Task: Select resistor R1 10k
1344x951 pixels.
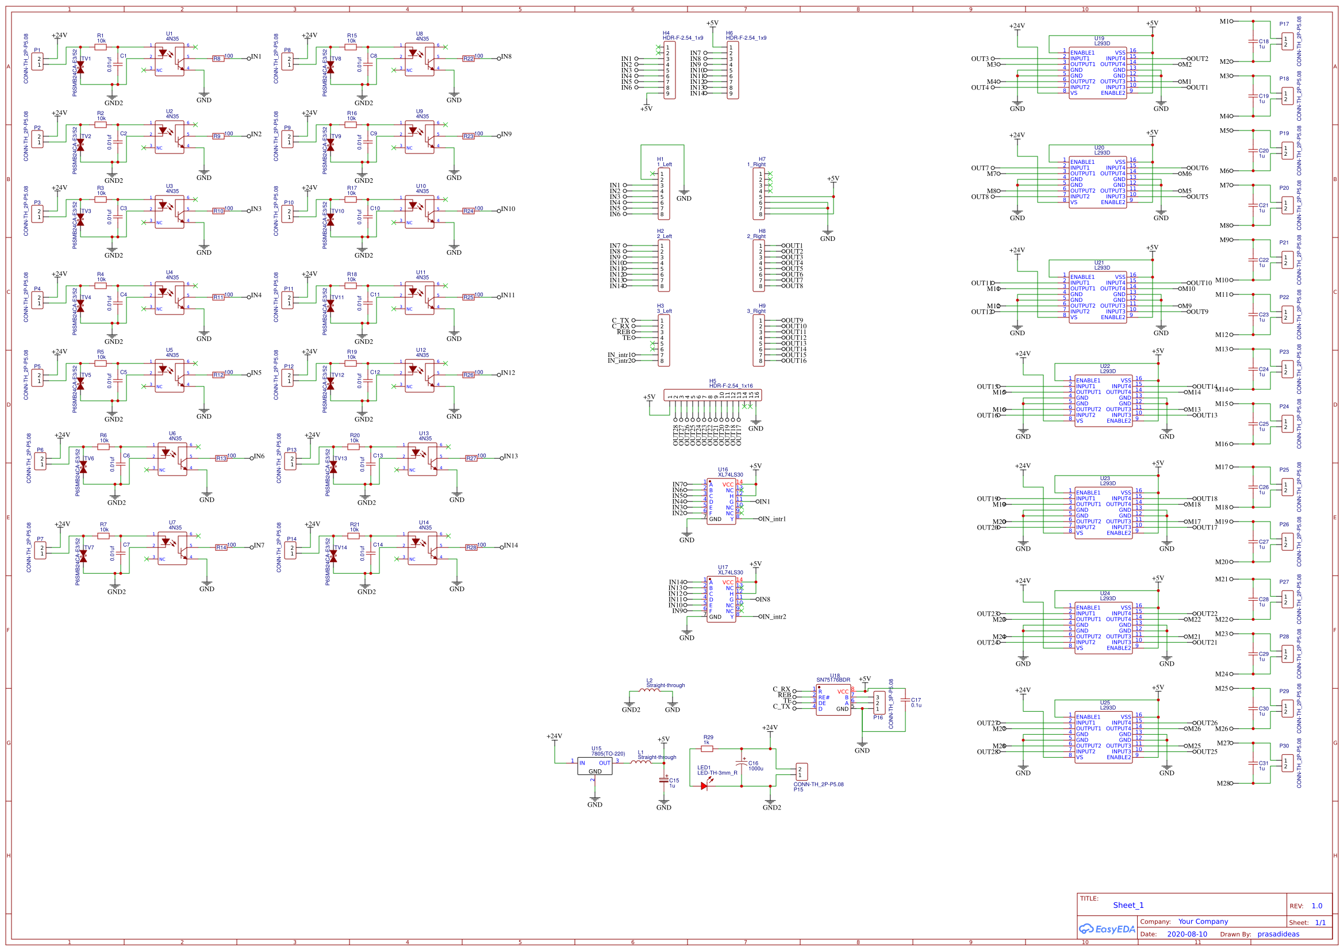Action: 101,47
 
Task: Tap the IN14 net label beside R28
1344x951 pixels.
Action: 510,545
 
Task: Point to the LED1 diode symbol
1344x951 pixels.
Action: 704,786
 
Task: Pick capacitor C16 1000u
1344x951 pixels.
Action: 742,766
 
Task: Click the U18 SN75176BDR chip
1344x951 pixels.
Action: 833,700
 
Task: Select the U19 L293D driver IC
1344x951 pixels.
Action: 1097,73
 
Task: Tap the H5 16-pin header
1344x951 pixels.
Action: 712,395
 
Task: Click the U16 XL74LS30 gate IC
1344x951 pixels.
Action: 721,502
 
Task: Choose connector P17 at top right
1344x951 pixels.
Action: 1287,41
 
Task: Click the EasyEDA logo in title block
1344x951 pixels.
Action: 1107,929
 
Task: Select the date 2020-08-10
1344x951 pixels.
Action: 1186,934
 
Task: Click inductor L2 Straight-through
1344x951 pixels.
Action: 649,691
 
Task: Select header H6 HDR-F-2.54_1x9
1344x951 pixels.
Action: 732,70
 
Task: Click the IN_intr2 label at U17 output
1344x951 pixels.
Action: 774,616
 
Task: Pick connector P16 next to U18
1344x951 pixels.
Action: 878,703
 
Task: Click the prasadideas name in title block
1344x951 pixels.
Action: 1278,934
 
